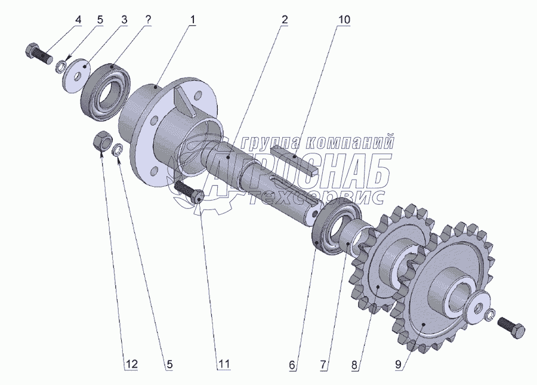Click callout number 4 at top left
point(78,20)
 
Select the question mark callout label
point(147,20)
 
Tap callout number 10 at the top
point(344,20)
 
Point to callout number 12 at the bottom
point(132,364)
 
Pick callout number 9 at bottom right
point(398,365)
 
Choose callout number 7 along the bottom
point(323,365)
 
